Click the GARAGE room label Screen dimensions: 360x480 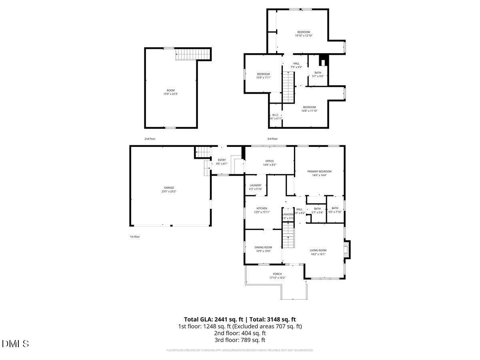click(x=169, y=188)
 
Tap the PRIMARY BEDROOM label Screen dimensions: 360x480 click(x=319, y=172)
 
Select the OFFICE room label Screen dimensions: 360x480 click(x=270, y=161)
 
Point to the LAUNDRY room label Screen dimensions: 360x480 click(x=255, y=185)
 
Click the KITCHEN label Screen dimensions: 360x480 click(x=262, y=208)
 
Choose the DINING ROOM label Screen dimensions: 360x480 click(x=263, y=247)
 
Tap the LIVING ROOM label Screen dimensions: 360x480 click(x=318, y=250)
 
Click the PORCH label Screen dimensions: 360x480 click(x=278, y=274)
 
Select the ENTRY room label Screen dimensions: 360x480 click(x=222, y=160)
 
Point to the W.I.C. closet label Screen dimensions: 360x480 click(x=276, y=115)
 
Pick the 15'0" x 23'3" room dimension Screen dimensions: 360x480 click(x=171, y=94)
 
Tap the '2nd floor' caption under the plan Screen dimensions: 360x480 click(x=150, y=139)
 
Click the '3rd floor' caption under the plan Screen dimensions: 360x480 click(x=272, y=139)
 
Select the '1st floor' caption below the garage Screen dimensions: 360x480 click(x=134, y=237)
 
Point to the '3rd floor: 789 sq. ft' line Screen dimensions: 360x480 click(x=240, y=340)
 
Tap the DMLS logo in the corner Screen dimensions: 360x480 click(x=15, y=344)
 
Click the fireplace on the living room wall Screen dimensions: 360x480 click(x=347, y=249)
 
